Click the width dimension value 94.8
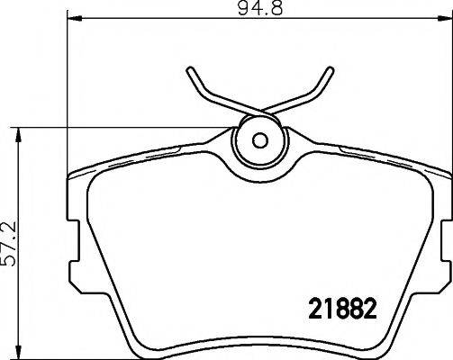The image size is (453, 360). [x=260, y=8]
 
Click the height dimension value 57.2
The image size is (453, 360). [x=8, y=244]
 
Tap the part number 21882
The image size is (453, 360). [x=342, y=309]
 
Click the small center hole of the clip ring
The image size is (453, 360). [x=260, y=140]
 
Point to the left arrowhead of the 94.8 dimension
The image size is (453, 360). [x=74, y=19]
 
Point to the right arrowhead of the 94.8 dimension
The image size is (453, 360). [x=445, y=19]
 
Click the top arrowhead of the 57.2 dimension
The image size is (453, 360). [x=19, y=135]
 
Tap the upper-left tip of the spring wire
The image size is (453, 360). [x=190, y=69]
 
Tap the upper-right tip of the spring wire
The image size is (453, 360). [x=331, y=69]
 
